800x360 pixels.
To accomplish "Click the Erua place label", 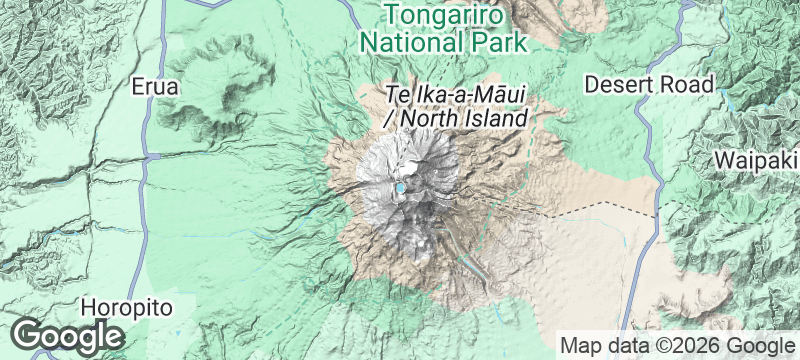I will (x=155, y=87).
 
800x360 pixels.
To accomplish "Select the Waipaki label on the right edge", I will (x=756, y=160).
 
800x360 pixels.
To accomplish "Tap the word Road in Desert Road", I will (x=690, y=84).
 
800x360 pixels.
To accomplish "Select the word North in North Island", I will (x=432, y=119).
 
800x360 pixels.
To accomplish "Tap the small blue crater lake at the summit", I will (x=401, y=187).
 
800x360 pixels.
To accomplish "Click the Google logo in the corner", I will (x=68, y=335).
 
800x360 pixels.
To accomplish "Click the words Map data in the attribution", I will (x=597, y=345).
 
